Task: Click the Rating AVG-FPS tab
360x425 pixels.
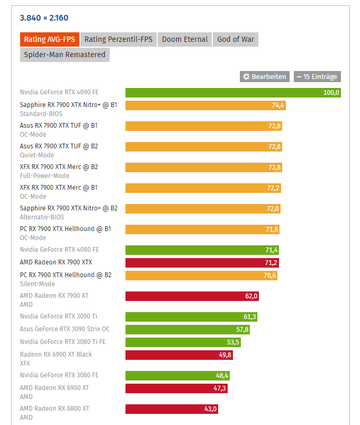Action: pos(49,40)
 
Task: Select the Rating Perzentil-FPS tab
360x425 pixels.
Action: pos(118,40)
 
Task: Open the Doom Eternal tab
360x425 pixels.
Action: pos(184,40)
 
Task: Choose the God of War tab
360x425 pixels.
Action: pos(236,40)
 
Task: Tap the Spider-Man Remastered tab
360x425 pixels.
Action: pos(65,55)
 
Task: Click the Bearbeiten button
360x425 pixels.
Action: pos(264,77)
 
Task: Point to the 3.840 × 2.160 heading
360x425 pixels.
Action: pos(44,18)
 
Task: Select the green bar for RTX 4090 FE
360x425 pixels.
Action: pos(233,93)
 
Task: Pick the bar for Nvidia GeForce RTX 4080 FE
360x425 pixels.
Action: pos(201,250)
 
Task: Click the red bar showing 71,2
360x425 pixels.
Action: pos(201,263)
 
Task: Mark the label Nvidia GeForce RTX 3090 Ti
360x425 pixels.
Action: pos(58,316)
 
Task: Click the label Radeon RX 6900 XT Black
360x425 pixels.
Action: pos(56,355)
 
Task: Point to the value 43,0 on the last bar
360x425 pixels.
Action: pos(210,409)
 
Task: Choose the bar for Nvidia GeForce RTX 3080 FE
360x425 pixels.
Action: pos(177,376)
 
